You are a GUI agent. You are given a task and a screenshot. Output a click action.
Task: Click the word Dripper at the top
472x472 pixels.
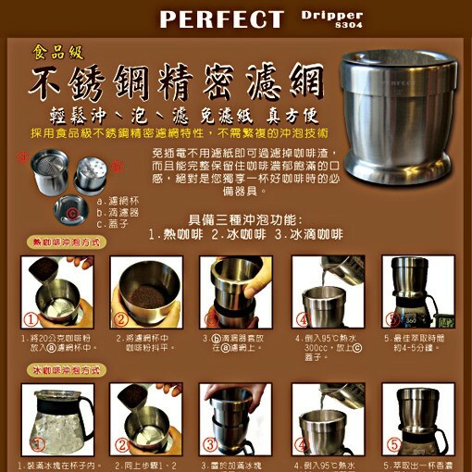[x=332, y=14]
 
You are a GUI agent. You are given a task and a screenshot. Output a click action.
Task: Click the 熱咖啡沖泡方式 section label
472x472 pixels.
[x=68, y=241]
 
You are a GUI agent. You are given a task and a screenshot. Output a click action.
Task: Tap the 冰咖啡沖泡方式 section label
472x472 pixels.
[x=68, y=369]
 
